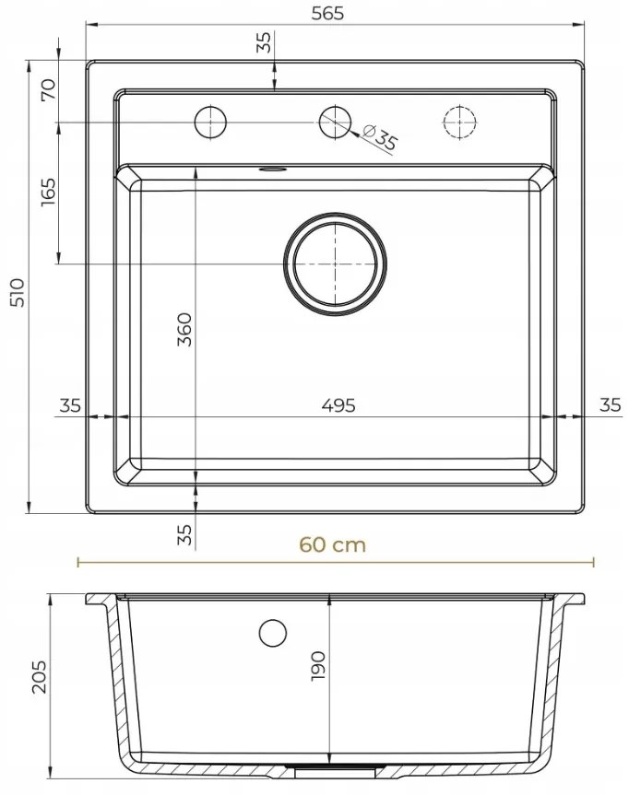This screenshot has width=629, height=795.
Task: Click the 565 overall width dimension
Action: coord(335,13)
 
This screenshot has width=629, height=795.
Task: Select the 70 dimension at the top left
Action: coord(48,90)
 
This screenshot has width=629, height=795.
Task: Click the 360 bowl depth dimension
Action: coord(184,330)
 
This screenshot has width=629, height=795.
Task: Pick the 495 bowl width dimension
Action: coord(338,404)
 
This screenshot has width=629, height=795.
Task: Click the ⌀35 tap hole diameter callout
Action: coord(380,138)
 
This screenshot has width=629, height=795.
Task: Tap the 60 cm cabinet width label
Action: coord(332,545)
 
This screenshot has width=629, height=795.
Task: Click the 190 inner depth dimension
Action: coord(318,666)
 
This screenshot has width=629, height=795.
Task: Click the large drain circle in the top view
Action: coord(334,263)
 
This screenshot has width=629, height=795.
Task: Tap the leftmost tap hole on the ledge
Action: coord(210,122)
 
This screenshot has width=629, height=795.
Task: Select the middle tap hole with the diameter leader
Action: coord(335,122)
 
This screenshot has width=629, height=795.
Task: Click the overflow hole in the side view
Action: coord(273,633)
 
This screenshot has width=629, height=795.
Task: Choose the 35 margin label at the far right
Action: coord(610,404)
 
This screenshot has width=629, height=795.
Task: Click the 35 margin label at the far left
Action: coord(70,404)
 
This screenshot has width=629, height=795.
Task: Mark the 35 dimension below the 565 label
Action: coord(264,42)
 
